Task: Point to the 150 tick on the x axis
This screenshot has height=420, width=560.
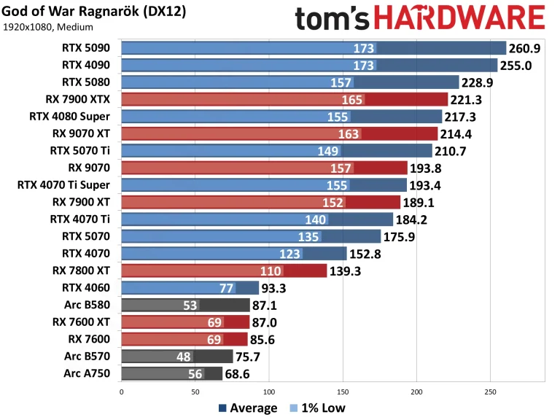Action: [343, 392]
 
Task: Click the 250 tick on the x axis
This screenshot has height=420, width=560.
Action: [491, 392]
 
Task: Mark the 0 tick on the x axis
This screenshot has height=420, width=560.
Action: [121, 392]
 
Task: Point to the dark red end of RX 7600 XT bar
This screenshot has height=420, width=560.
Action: [236, 322]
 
